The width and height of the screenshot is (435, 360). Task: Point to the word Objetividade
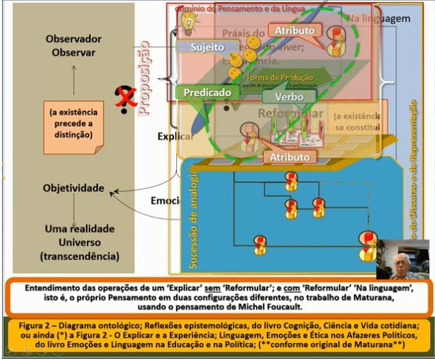[x=73, y=187]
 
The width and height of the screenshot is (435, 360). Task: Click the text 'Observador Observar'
[x=70, y=46]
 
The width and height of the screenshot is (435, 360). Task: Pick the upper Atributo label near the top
[x=295, y=31]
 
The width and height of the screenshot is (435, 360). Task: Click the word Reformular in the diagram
[x=292, y=114]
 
